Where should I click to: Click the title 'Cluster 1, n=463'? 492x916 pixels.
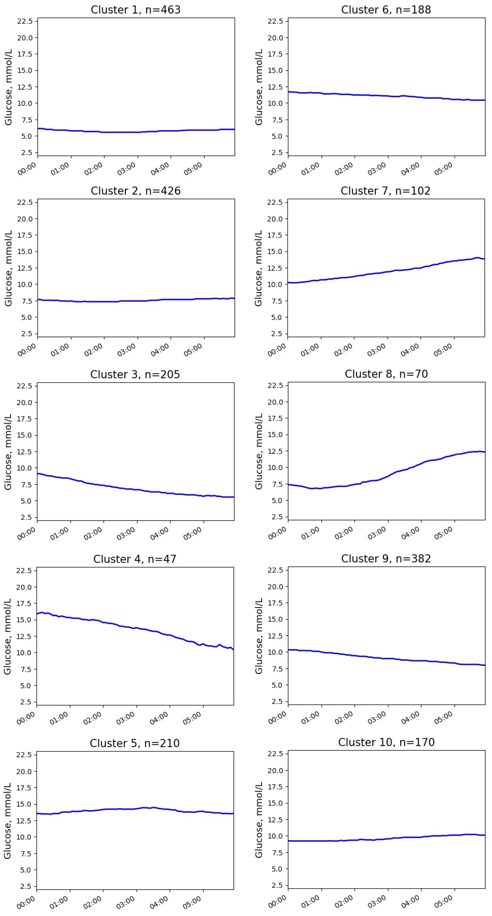tap(136, 10)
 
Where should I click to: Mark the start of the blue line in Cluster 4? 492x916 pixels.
tap(37, 614)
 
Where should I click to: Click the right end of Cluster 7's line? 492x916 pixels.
tap(484, 259)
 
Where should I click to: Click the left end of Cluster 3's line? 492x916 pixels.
tap(38, 473)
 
